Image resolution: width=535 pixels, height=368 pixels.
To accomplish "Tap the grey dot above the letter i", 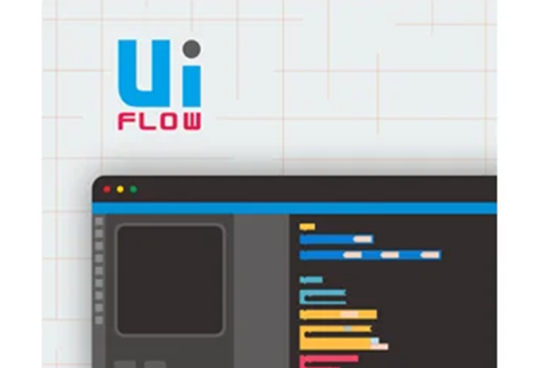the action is point(192,49).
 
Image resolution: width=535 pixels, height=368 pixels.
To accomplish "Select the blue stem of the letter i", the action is point(192,86).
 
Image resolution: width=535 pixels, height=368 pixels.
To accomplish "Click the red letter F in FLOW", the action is point(126,122).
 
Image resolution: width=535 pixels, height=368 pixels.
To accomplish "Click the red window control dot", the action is point(107,189).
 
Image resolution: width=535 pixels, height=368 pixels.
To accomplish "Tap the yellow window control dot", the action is point(120,189).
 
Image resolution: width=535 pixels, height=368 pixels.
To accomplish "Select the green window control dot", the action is point(134,189).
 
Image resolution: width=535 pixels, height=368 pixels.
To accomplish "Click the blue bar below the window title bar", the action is point(294,208).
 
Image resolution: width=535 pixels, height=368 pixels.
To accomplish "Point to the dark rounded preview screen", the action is point(170,280).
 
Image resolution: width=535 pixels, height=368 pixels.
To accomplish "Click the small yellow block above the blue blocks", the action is point(307,227).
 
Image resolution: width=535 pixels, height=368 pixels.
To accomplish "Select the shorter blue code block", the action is point(336,239).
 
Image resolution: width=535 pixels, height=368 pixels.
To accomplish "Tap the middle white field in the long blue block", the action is point(390,255).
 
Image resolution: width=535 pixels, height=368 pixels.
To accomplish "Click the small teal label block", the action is point(311,280).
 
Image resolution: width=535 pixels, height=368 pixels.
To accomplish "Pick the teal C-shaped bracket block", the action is point(302,297).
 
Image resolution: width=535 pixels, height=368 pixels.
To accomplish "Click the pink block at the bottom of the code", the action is point(329,359).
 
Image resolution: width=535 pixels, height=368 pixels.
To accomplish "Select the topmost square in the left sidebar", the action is point(99,222).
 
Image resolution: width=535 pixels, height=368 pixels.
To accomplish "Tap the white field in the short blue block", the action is point(363,239).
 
